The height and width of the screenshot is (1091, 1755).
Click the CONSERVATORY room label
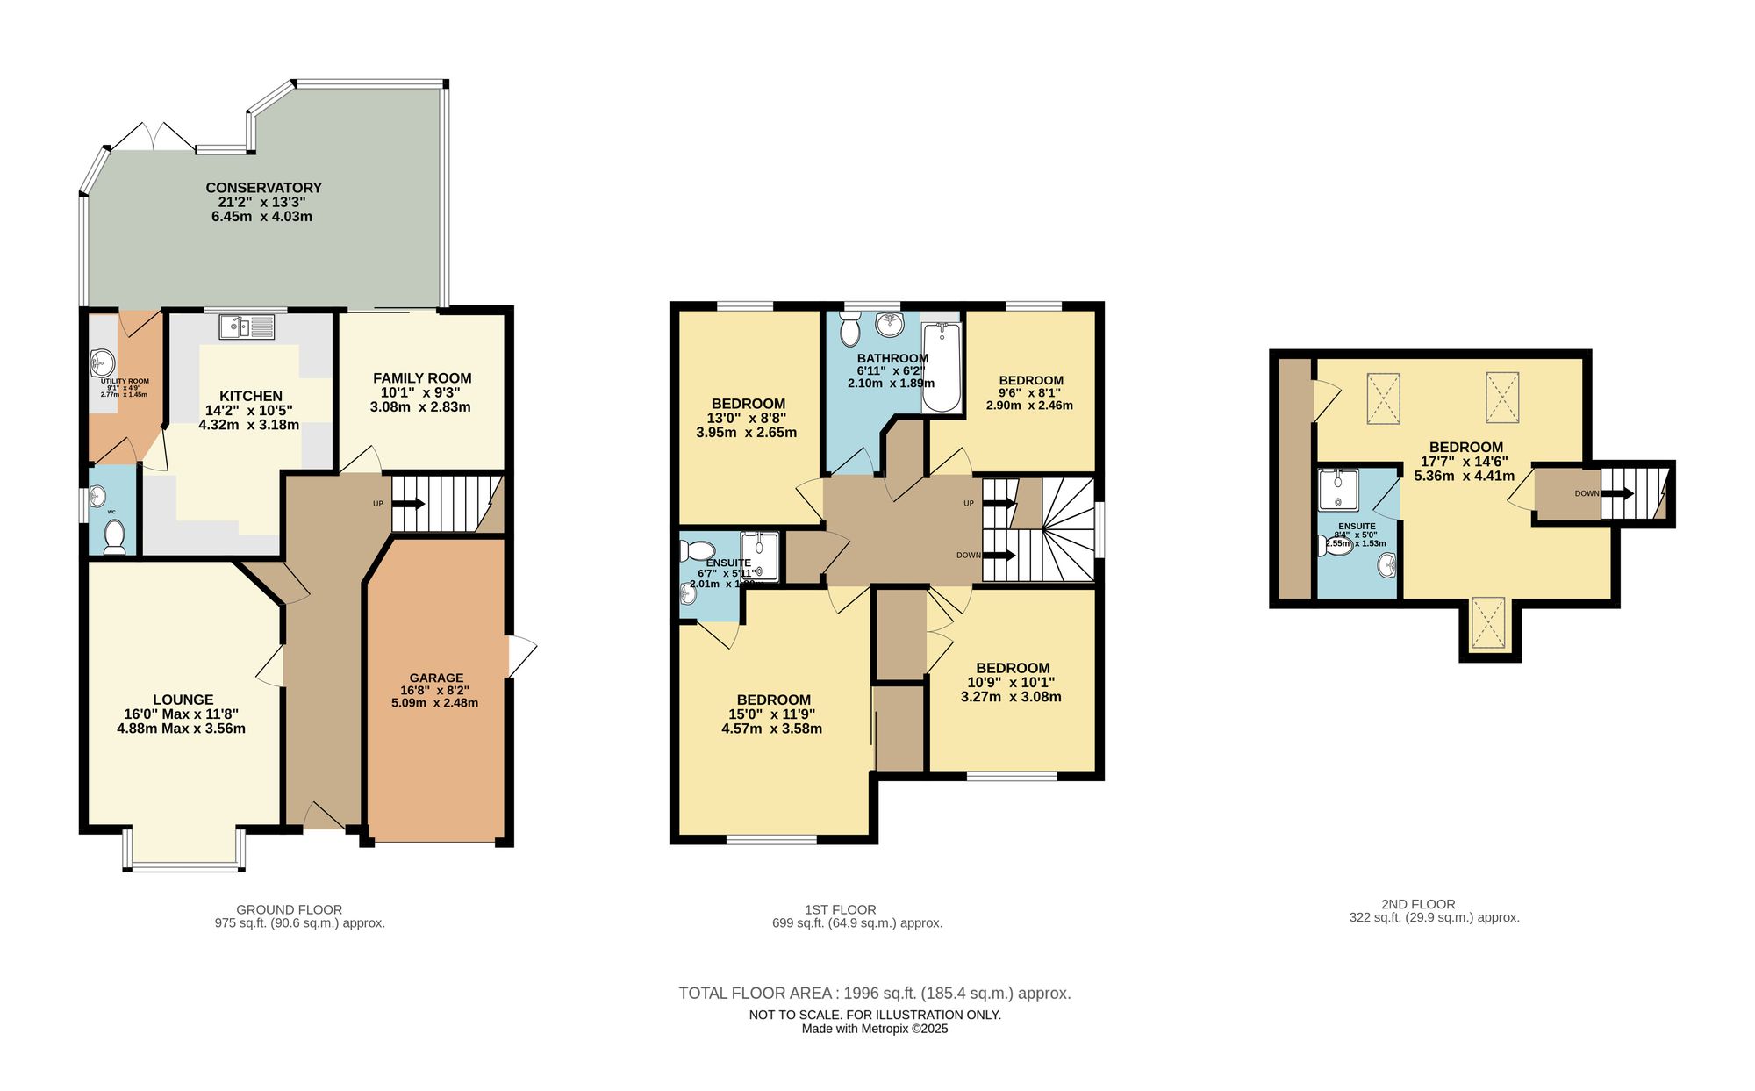(263, 188)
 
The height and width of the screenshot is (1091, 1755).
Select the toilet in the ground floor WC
(114, 535)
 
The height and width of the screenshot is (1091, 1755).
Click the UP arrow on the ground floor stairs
(408, 504)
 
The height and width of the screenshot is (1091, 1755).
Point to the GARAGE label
(436, 678)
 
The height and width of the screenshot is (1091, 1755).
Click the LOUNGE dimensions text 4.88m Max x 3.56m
(182, 729)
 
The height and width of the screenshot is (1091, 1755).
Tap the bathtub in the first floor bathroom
(942, 367)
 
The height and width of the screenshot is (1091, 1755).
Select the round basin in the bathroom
(890, 325)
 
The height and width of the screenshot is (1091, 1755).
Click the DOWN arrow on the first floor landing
(999, 556)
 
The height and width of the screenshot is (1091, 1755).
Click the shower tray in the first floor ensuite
(760, 556)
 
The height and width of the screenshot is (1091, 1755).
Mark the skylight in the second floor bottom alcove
(1487, 623)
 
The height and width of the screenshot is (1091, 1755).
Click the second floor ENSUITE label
(1357, 527)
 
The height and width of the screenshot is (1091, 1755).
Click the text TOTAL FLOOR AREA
(756, 994)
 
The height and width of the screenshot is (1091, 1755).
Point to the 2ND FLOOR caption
(1418, 904)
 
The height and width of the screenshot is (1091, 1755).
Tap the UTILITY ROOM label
(125, 382)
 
